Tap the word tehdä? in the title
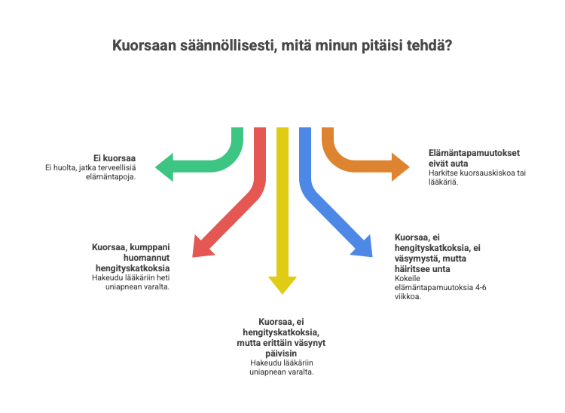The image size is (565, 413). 431,46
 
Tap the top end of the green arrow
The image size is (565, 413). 237,130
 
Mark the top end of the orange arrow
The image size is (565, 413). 328,130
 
